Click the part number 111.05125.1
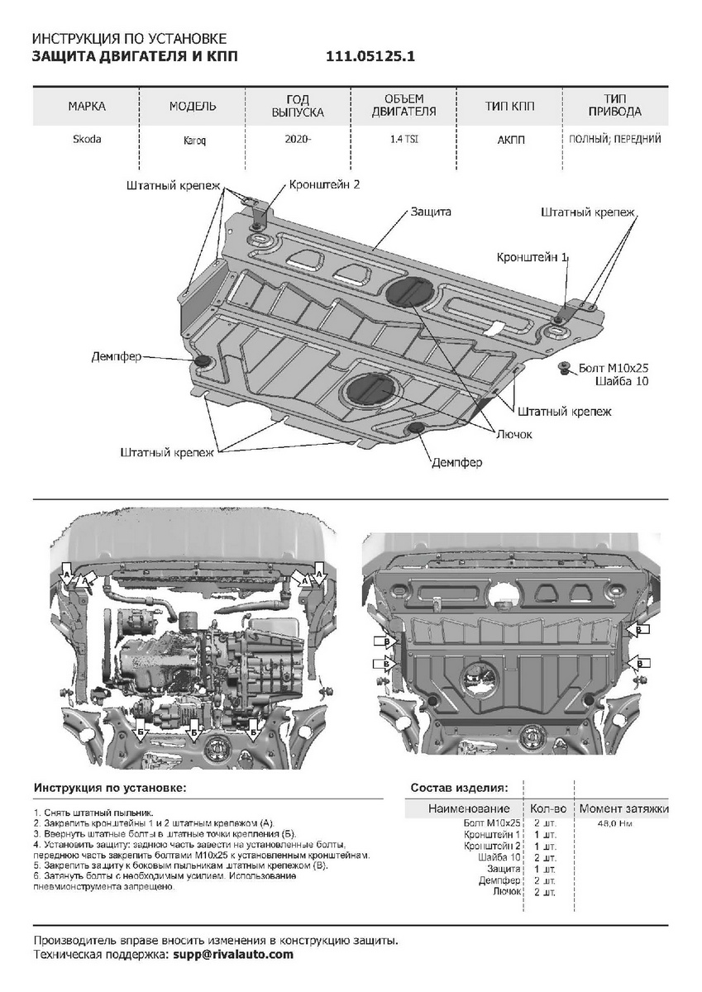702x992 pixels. click(370, 57)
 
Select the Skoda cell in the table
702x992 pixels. click(87, 139)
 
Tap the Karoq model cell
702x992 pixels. click(195, 141)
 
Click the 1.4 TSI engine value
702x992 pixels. click(404, 139)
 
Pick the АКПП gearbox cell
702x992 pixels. click(510, 140)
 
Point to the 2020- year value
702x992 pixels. click(298, 139)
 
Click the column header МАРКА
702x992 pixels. click(87, 107)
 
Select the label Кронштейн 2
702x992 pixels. click(324, 184)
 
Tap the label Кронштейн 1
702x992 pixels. click(532, 257)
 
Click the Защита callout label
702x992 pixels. click(431, 212)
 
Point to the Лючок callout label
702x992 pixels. click(513, 435)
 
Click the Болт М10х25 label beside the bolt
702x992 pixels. click(614, 368)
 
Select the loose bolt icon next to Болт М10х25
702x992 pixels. click(566, 368)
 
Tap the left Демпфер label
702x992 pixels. click(117, 356)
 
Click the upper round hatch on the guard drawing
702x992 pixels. click(409, 291)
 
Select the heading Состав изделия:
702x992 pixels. click(459, 788)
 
